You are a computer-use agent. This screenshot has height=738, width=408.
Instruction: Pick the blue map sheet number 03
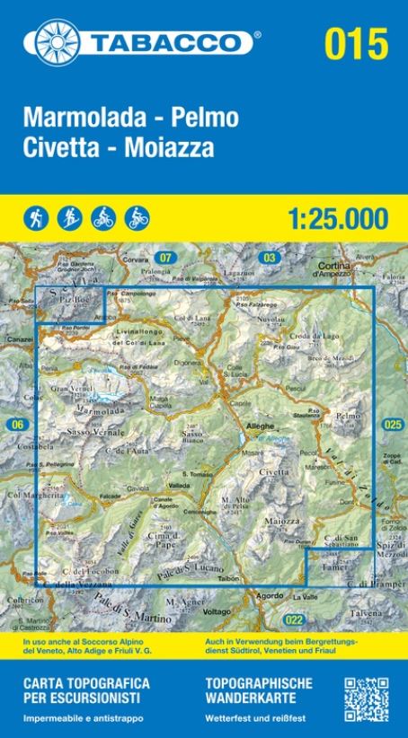[x=268, y=259]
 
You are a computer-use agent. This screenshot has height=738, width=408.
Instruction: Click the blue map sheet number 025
[x=392, y=424]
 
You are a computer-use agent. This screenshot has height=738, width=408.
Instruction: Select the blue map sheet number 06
[x=15, y=424]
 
